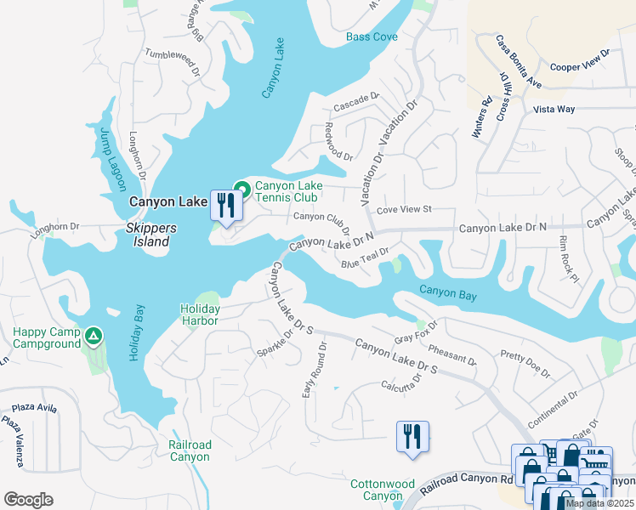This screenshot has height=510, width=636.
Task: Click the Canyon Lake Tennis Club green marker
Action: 241,189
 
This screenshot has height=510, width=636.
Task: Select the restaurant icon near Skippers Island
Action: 225,207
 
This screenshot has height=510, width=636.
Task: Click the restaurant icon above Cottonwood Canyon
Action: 412,438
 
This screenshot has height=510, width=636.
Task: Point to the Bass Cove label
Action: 372,37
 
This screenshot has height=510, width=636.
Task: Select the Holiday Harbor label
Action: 200,314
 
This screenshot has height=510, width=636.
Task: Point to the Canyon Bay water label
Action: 447,295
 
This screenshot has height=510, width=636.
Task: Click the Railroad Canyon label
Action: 189,450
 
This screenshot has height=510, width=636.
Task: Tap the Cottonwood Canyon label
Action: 376,490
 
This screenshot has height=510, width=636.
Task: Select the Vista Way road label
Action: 554,110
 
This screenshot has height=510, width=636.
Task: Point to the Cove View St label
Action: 405,209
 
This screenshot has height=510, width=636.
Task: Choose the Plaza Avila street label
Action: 29,409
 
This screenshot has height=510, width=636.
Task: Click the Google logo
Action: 28,500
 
